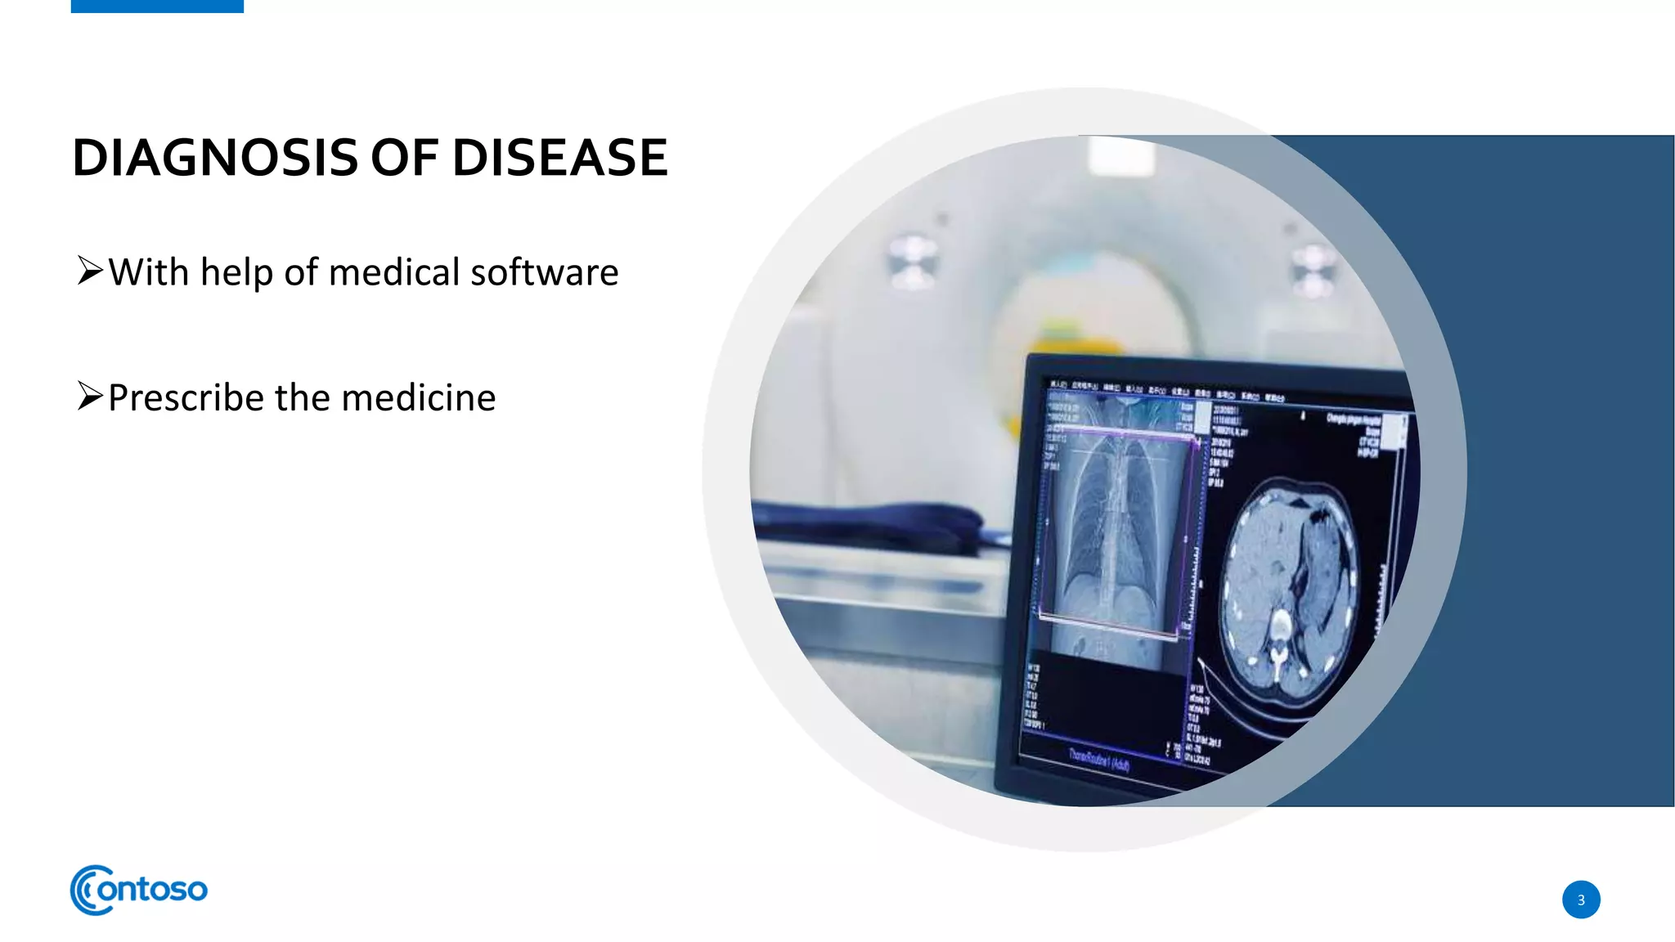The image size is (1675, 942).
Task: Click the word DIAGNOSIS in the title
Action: click(215, 157)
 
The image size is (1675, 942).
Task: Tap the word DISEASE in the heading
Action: click(559, 157)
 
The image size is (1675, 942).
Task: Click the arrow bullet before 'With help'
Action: click(90, 270)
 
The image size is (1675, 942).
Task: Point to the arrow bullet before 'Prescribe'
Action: click(90, 396)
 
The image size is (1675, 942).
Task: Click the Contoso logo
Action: click(139, 890)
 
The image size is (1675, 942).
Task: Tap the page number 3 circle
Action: click(1580, 899)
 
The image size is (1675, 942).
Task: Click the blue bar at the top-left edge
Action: click(157, 6)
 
